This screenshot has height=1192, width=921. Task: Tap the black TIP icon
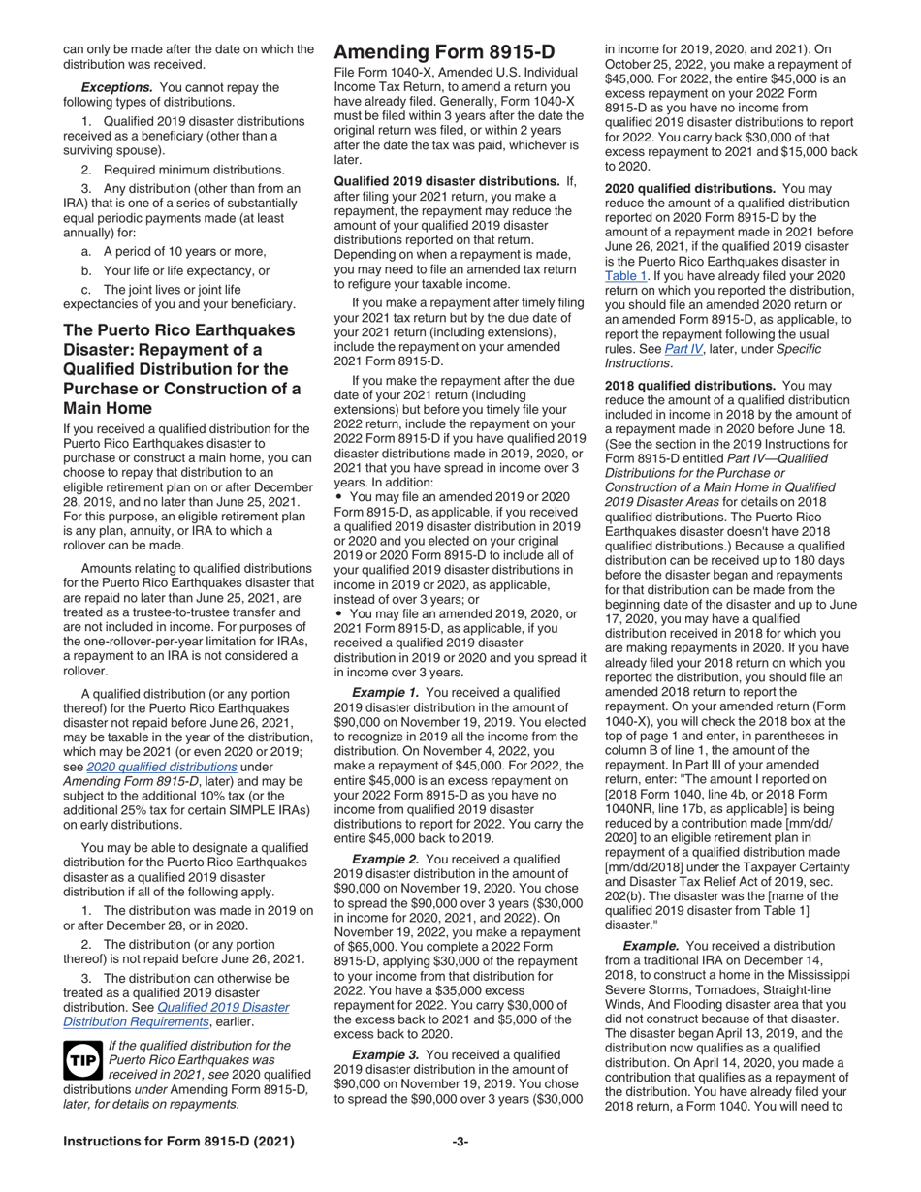click(80, 1061)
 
